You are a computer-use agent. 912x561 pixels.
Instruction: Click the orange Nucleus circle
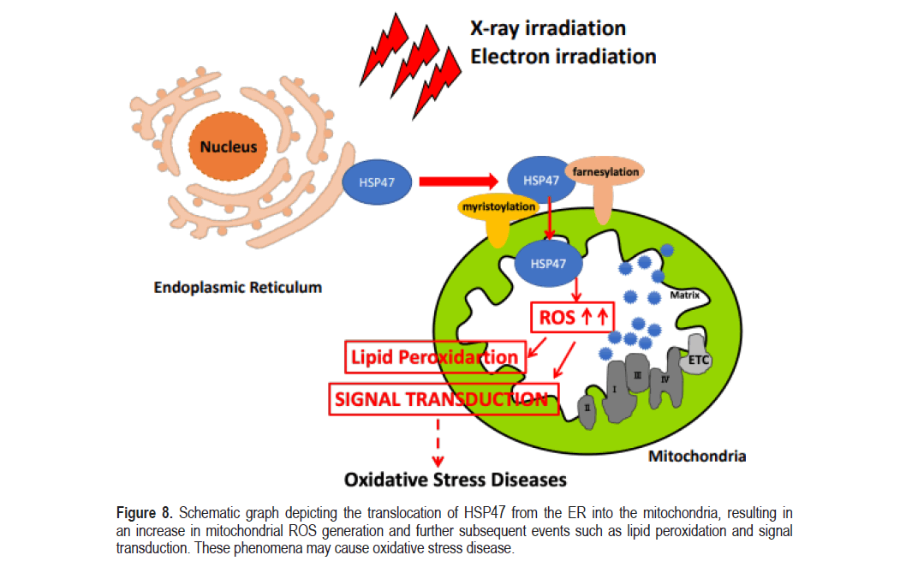click(x=229, y=146)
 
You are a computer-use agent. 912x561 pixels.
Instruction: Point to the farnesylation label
click(x=605, y=172)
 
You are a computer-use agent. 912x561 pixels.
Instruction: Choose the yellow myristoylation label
click(x=498, y=207)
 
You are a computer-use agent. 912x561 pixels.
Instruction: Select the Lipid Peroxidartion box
click(x=435, y=357)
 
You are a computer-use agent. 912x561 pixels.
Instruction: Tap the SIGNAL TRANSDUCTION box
click(x=442, y=399)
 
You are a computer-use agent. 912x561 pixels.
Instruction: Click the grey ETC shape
click(x=699, y=361)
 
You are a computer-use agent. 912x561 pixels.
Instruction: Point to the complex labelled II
click(x=587, y=409)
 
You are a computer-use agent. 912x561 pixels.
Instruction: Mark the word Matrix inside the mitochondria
click(x=685, y=295)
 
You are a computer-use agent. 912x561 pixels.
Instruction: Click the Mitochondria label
click(x=696, y=456)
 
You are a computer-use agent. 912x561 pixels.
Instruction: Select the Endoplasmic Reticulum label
click(x=238, y=287)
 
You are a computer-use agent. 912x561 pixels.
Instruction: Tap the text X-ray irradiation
click(x=548, y=27)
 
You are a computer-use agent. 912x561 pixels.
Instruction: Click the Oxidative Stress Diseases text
click(x=456, y=480)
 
